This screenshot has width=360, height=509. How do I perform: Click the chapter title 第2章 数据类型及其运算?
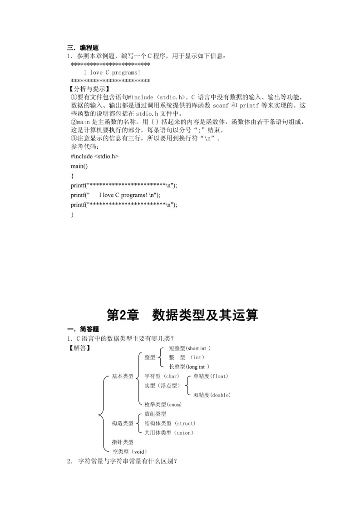[x=182, y=315]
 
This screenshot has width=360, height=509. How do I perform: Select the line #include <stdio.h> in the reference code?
[x=94, y=156]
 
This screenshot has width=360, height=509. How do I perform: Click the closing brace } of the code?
[x=72, y=215]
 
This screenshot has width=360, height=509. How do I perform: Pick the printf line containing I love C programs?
[x=116, y=195]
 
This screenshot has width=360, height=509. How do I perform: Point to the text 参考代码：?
[x=84, y=147]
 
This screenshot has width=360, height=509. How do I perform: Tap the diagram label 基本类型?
[x=123, y=377]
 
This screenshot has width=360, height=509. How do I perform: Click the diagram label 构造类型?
[x=123, y=423]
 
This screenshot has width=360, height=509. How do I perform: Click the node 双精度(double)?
[x=212, y=395]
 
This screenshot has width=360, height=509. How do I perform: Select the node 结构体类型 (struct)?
[x=170, y=423]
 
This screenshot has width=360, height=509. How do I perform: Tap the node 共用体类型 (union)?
[x=169, y=433]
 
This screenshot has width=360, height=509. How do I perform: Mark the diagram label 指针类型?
[x=123, y=442]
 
